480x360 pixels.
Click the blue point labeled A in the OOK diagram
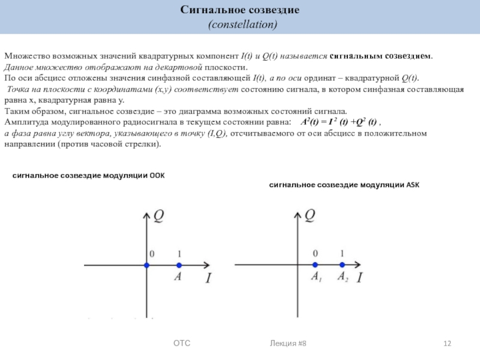coord(178,265)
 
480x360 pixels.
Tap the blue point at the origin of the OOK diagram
coord(146,265)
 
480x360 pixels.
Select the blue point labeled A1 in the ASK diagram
coord(315,265)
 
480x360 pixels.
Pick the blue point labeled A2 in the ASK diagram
coord(342,265)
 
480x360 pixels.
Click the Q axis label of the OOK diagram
coord(159,215)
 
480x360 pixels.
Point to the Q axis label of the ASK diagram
coord(310,215)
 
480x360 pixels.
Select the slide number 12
coord(446,343)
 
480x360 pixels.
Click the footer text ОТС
coord(182,343)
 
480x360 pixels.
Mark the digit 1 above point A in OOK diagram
coord(179,254)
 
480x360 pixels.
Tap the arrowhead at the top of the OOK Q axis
coord(146,212)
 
